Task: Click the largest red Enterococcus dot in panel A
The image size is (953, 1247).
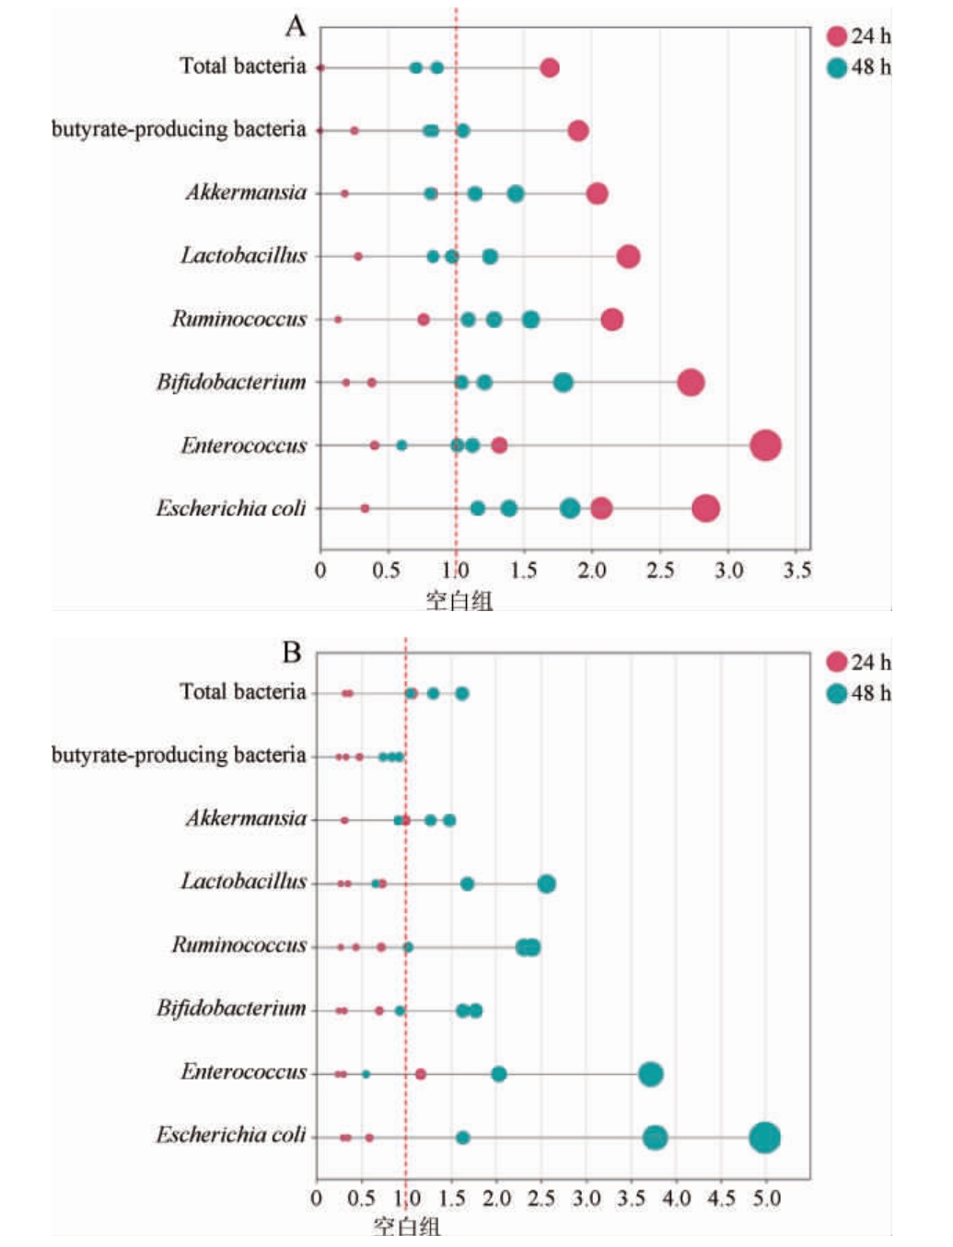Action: pyautogui.click(x=765, y=445)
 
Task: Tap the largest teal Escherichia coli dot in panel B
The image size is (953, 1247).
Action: pyautogui.click(x=764, y=1137)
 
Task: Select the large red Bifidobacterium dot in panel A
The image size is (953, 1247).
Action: pyautogui.click(x=691, y=382)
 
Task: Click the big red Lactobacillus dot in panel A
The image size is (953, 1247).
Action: pyautogui.click(x=628, y=256)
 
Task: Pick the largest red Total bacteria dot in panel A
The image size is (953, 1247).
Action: pyautogui.click(x=550, y=67)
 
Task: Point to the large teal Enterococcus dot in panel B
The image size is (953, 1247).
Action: pyautogui.click(x=651, y=1074)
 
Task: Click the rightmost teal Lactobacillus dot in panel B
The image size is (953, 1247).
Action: pyautogui.click(x=546, y=883)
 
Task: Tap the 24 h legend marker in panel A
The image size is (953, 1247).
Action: pyautogui.click(x=836, y=36)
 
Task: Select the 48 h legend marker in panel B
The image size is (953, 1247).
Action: pyautogui.click(x=836, y=693)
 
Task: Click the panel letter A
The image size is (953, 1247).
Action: pyautogui.click(x=295, y=26)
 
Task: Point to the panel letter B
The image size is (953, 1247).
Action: pyautogui.click(x=292, y=652)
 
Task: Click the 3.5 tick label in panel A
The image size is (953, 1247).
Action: pyautogui.click(x=797, y=571)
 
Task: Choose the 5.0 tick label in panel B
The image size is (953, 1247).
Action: pyautogui.click(x=766, y=1198)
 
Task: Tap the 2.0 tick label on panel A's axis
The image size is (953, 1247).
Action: pyautogui.click(x=592, y=571)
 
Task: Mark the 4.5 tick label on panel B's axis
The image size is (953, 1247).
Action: pyautogui.click(x=721, y=1198)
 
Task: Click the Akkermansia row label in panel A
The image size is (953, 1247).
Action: pyautogui.click(x=246, y=192)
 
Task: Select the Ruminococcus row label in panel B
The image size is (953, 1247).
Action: pyautogui.click(x=238, y=945)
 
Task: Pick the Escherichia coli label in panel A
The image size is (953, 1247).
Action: pyautogui.click(x=230, y=508)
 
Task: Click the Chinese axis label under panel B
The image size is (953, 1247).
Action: pyautogui.click(x=407, y=1226)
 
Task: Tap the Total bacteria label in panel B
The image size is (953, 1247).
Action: pyautogui.click(x=242, y=692)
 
